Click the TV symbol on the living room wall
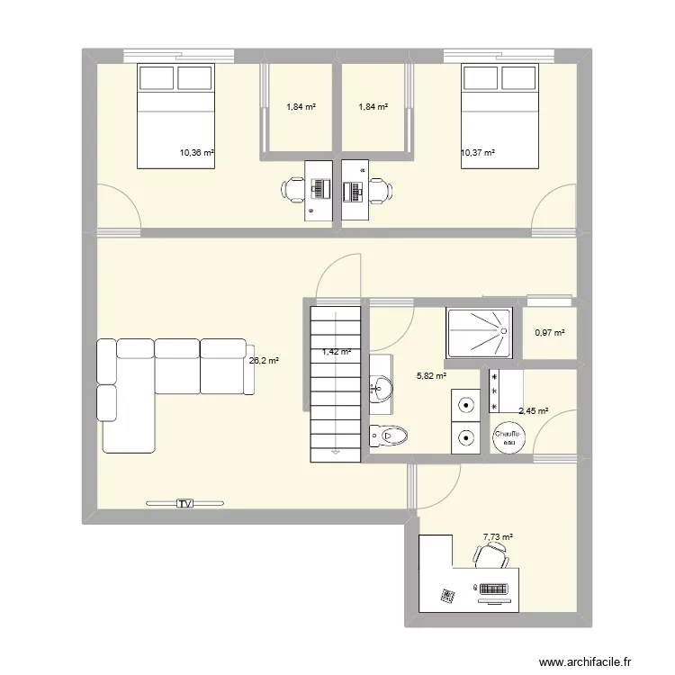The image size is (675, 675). [x=185, y=502]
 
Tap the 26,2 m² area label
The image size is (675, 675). [x=263, y=360]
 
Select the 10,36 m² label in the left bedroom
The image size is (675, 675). [x=197, y=153]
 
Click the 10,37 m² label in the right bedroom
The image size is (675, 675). [x=478, y=153]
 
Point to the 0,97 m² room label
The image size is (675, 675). [x=549, y=333]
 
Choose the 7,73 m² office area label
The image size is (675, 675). [x=498, y=537]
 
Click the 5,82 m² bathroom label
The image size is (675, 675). [x=430, y=378]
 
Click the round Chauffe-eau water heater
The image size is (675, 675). [x=508, y=437]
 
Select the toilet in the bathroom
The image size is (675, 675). [x=386, y=436]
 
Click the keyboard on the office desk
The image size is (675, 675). [x=494, y=589]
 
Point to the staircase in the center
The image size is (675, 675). [x=336, y=382]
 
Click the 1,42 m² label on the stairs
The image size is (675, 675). [x=336, y=353]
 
